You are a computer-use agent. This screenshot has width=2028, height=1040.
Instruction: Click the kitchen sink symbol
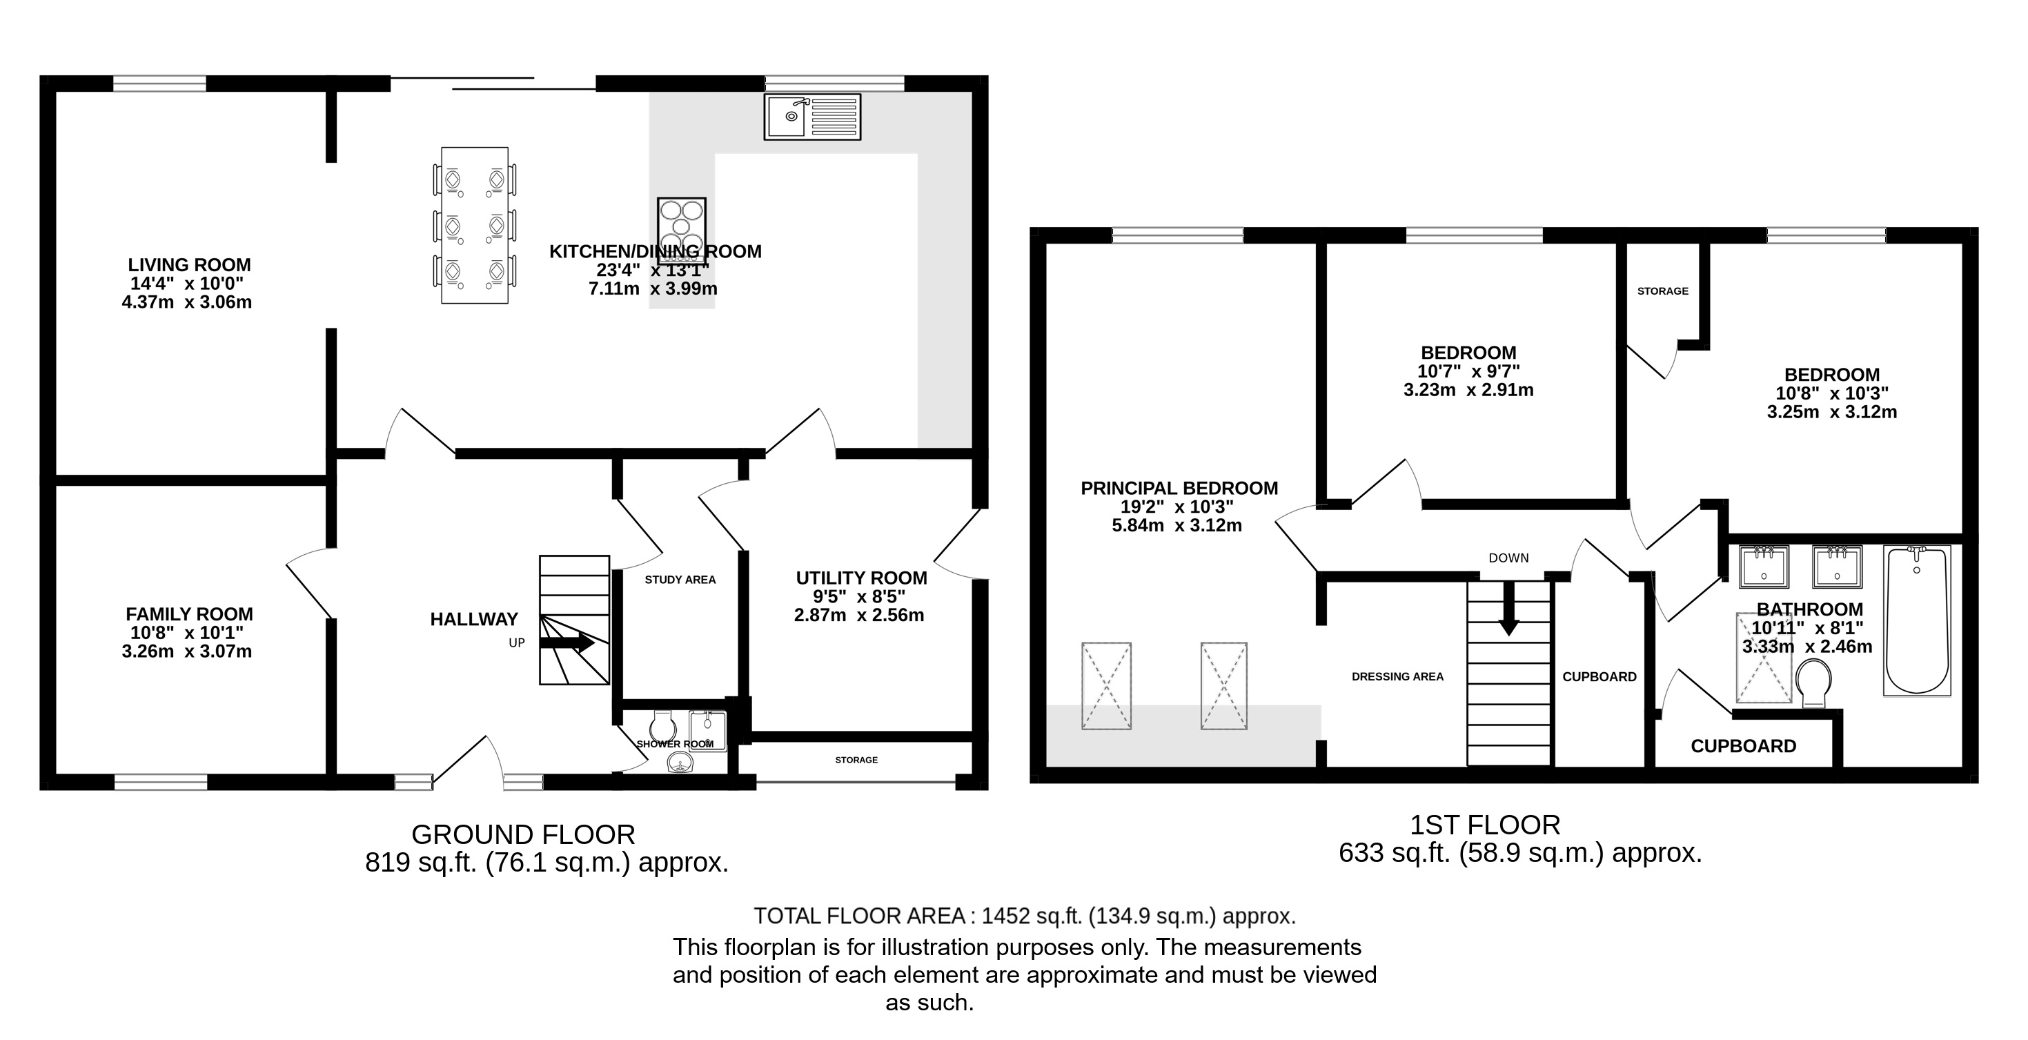pos(811,117)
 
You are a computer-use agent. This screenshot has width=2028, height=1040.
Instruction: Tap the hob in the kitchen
pos(681,225)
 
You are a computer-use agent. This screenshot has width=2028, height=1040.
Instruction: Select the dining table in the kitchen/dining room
pos(474,225)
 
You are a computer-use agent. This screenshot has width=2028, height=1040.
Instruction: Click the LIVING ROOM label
pos(190,264)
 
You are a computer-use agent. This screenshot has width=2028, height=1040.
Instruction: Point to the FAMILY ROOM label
pos(190,614)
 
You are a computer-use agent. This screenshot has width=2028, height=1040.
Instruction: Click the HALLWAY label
pos(474,620)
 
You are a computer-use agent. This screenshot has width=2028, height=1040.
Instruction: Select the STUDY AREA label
pos(680,580)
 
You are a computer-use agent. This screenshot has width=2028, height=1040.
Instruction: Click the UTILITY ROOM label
pos(861,578)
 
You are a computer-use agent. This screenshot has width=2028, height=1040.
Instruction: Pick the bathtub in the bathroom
pos(1917,620)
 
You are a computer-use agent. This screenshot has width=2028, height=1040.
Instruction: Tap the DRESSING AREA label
pos(1397,676)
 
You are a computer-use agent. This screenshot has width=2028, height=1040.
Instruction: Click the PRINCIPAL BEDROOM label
pos(1179,488)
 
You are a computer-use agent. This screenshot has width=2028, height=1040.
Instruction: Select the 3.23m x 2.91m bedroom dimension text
pos(1469,390)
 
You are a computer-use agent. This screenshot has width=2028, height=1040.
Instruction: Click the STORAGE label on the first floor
pos(1663,291)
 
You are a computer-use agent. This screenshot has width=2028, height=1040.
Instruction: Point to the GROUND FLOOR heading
pos(524,834)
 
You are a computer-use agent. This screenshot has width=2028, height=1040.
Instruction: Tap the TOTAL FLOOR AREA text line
pos(1025,916)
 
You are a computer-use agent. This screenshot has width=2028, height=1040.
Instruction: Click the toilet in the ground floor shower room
pos(663,727)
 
